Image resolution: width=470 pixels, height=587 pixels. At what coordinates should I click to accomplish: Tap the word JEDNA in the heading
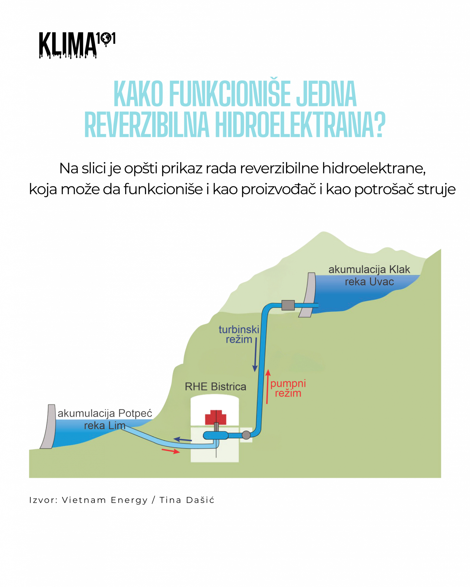click(327, 94)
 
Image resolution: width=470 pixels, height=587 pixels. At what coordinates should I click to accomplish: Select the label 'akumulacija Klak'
click(369, 270)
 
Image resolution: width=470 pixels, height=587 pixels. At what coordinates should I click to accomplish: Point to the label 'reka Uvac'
click(369, 282)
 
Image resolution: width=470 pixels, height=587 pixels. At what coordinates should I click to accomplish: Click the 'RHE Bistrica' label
click(215, 387)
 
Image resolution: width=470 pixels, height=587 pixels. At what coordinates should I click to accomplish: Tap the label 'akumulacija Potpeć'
click(105, 413)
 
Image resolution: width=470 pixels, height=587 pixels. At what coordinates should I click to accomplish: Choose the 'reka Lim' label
click(105, 426)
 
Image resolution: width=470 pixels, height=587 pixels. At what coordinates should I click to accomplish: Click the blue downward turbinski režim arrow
click(255, 354)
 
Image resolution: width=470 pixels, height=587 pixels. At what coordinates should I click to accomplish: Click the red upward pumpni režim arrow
click(268, 387)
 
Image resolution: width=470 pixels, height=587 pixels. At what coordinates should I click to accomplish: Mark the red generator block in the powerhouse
click(215, 417)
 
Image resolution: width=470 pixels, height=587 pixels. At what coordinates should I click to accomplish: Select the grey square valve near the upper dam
click(288, 305)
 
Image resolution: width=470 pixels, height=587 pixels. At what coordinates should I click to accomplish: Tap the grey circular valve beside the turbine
click(246, 435)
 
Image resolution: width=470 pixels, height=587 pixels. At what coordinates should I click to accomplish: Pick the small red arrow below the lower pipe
click(171, 451)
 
